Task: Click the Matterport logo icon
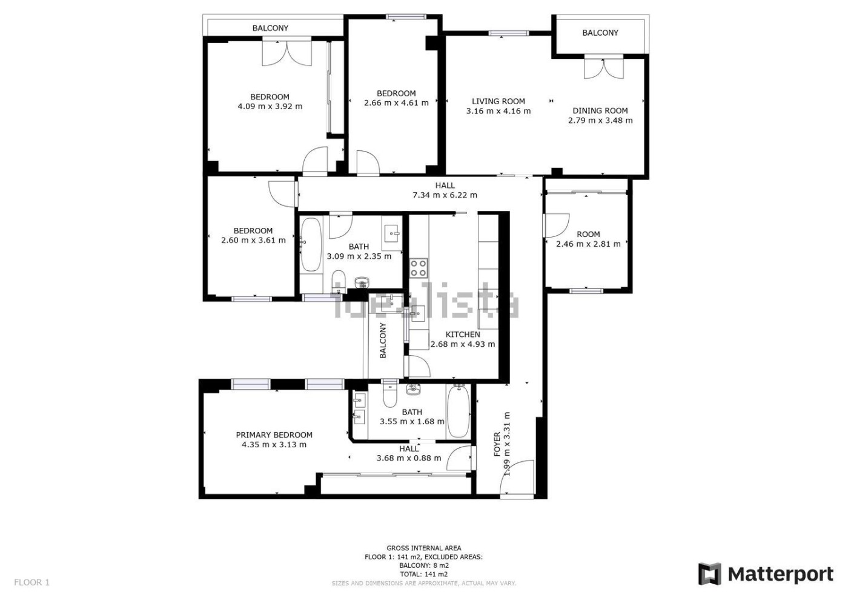click(x=710, y=574)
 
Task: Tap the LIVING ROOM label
click(x=498, y=101)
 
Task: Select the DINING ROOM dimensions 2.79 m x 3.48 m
click(x=600, y=121)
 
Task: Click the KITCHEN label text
click(x=463, y=335)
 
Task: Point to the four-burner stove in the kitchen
click(x=419, y=268)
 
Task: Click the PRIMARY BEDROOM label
click(x=274, y=435)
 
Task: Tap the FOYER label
click(x=497, y=444)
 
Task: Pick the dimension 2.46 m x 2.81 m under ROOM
click(x=588, y=244)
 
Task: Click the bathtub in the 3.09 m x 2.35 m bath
click(x=311, y=244)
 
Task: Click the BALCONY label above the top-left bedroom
click(x=270, y=28)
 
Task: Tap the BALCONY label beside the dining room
click(x=600, y=33)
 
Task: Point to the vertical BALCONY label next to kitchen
click(x=383, y=340)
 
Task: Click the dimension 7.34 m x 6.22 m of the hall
click(x=445, y=195)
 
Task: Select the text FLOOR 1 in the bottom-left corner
click(x=31, y=582)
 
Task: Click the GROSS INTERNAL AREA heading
click(x=423, y=548)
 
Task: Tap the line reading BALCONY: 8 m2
click(x=423, y=565)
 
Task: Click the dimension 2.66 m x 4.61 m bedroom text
click(x=396, y=103)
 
